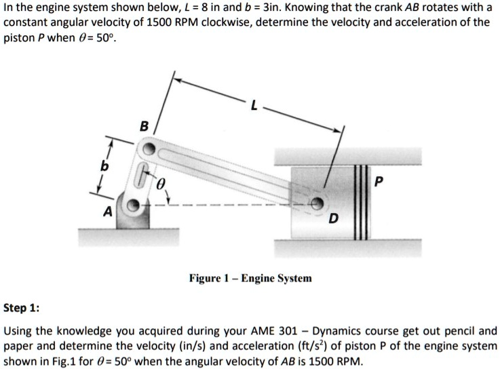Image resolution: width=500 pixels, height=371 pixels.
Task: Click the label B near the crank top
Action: [143, 125]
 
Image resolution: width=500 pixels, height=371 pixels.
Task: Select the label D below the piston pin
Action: [332, 218]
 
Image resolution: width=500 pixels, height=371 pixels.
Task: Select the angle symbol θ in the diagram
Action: [160, 184]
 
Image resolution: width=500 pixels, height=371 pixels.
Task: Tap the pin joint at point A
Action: [134, 204]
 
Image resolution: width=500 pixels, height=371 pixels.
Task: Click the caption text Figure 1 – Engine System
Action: [250, 278]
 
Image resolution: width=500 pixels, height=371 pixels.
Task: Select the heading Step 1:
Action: [21, 308]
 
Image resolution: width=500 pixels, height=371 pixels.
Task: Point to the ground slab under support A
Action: [129, 237]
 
